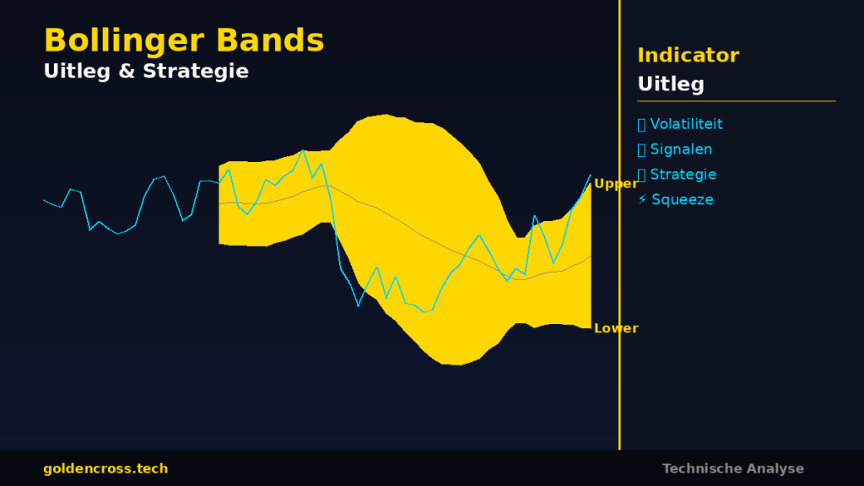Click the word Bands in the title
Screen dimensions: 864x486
click(270, 40)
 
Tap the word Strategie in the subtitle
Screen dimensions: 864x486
click(196, 72)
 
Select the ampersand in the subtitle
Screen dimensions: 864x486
click(127, 71)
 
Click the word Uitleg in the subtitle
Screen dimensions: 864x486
click(77, 72)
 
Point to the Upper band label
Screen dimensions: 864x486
click(615, 184)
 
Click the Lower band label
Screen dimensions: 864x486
click(616, 328)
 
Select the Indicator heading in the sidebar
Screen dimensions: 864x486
click(688, 55)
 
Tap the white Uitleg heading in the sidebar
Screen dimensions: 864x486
click(671, 84)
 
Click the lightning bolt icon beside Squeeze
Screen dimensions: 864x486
click(642, 199)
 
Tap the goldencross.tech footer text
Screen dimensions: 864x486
click(105, 469)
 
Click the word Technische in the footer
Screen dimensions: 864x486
click(696, 469)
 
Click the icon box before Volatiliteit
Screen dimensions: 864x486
click(641, 125)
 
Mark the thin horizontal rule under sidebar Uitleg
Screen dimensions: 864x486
click(736, 101)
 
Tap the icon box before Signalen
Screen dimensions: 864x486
click(641, 150)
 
